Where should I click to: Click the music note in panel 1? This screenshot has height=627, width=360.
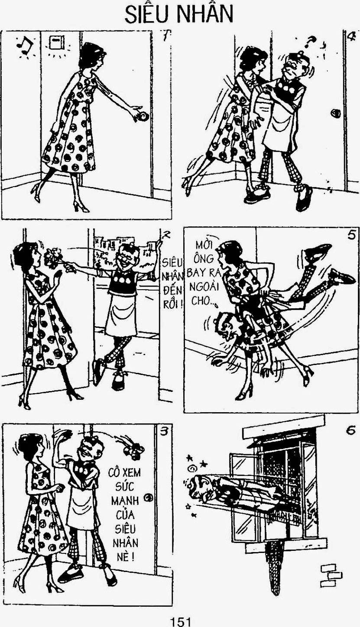coord(25,45)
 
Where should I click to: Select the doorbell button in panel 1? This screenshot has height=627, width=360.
coord(55,42)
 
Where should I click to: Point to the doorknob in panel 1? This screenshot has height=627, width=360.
coord(143,116)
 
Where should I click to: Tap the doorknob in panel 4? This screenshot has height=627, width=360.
coord(335,113)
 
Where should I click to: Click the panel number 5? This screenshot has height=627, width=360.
coord(351,235)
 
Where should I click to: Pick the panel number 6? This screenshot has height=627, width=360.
coord(350,430)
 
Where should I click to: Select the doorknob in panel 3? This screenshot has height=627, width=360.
coord(149,497)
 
